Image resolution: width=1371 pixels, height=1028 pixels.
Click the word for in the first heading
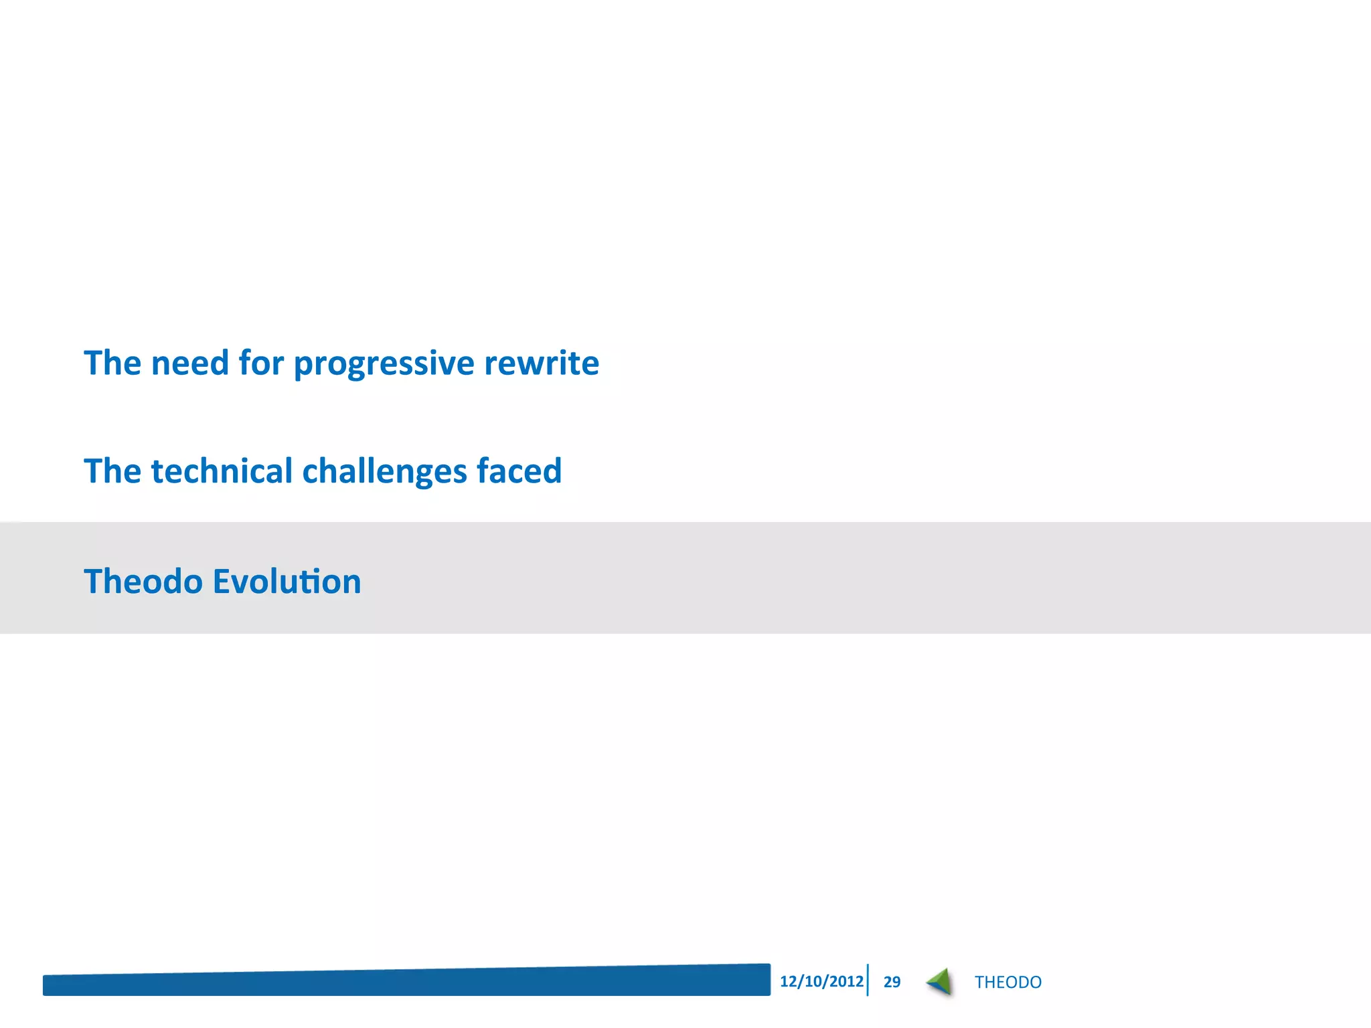(261, 363)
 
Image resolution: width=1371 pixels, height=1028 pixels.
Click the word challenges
(384, 472)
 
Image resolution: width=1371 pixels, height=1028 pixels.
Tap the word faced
(519, 470)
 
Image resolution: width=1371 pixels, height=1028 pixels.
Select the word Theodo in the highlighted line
(143, 581)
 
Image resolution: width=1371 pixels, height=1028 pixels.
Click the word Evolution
(287, 581)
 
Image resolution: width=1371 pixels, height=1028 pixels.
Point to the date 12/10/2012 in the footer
(821, 981)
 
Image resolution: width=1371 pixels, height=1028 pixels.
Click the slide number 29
(892, 982)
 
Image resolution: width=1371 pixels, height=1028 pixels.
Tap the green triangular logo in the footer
(941, 982)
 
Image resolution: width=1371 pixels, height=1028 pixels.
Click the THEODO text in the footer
(1007, 982)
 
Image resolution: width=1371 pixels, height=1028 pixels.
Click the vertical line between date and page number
(868, 980)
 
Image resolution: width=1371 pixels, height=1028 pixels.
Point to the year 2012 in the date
(846, 981)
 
